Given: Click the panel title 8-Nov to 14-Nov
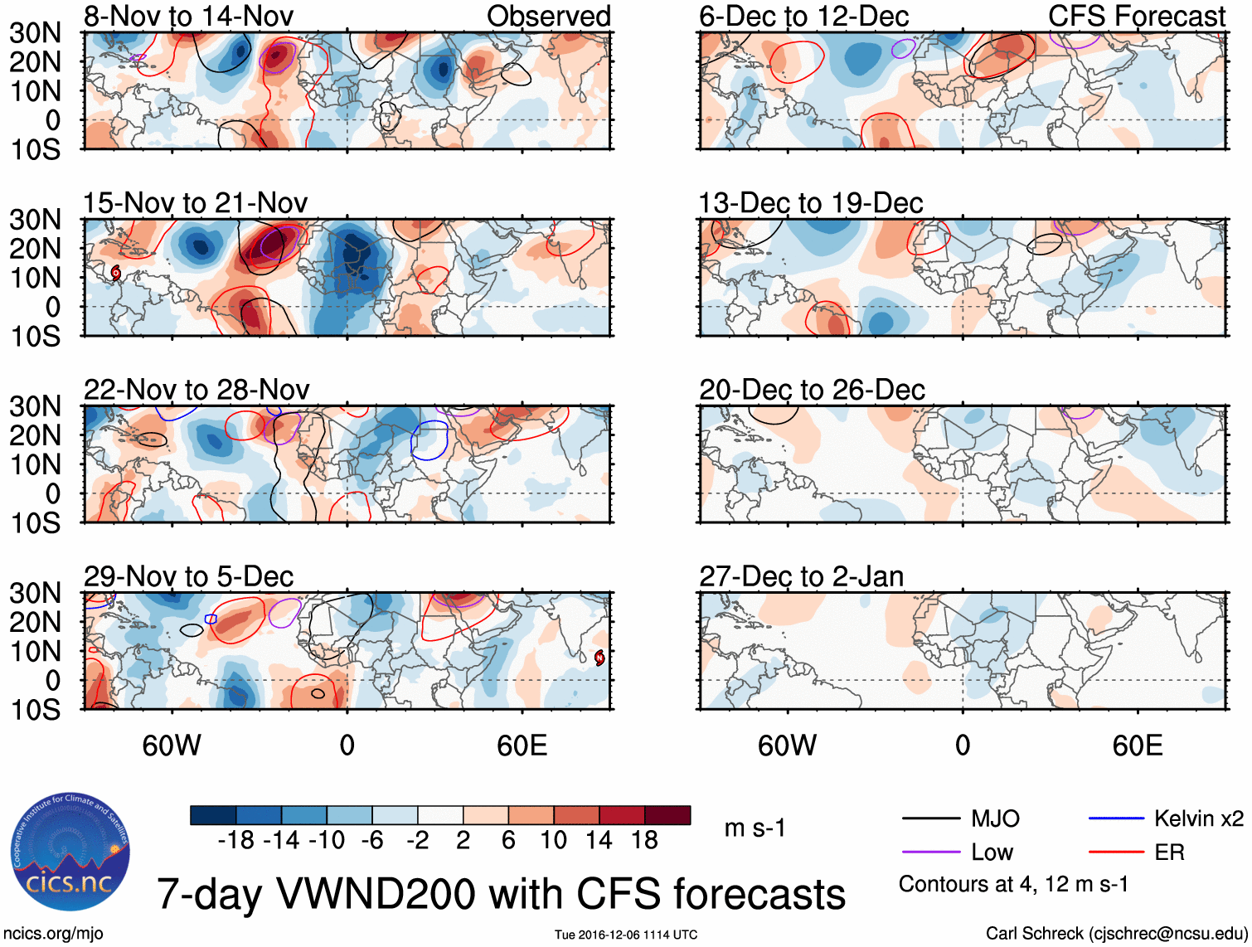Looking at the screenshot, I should [x=188, y=16].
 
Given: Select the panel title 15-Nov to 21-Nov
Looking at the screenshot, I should [x=195, y=203].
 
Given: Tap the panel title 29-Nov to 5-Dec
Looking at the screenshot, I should [x=188, y=576].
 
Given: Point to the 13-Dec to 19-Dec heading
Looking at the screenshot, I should [x=810, y=203].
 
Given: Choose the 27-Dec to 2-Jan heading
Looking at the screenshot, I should [x=801, y=576].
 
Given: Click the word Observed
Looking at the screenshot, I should [x=548, y=16].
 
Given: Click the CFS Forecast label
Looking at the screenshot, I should [x=1136, y=16].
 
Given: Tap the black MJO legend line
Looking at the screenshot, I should [x=930, y=819].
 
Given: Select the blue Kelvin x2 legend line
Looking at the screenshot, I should [x=1116, y=819].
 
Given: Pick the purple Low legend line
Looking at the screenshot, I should [x=930, y=852].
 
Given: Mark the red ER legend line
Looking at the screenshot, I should [x=1116, y=852].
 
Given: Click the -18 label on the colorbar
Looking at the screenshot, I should [x=236, y=841].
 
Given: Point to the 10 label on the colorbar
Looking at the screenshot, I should [x=553, y=841].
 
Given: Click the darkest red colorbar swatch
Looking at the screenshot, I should [x=667, y=815].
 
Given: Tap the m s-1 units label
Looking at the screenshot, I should [x=755, y=828].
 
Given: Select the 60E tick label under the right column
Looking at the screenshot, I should [x=1137, y=746].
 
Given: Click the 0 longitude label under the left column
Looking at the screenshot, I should [x=347, y=746].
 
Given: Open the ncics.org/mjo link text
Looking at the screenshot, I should [x=53, y=934].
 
